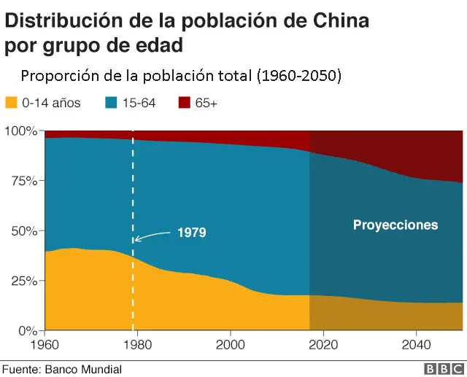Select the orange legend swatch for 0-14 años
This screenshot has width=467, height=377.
click(x=11, y=104)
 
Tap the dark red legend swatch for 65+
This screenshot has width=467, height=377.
click(x=183, y=104)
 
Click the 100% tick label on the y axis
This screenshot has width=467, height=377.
click(x=20, y=131)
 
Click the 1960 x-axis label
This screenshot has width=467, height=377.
click(x=45, y=343)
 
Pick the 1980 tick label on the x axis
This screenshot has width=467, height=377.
click(x=138, y=343)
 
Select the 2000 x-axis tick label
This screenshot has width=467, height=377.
click(x=231, y=343)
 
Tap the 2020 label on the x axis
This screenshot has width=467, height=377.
click(x=323, y=343)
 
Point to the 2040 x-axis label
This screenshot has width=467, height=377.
click(x=416, y=343)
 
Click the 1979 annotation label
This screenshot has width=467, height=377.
click(x=192, y=233)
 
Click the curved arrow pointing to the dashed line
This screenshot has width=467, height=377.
click(x=152, y=235)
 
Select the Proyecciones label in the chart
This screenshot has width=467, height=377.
click(x=395, y=225)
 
